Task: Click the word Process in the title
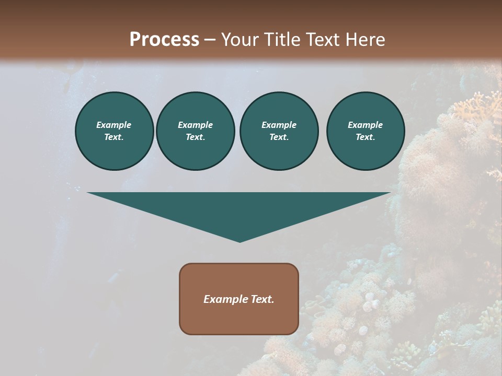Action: coord(164,40)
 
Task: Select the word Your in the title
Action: coord(241,40)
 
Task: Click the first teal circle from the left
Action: coord(114,131)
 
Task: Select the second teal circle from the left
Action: coord(195,131)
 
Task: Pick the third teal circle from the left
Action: coord(279,131)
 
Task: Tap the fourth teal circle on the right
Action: coord(365,131)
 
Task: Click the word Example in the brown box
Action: coord(224,299)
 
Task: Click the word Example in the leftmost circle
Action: coord(114,125)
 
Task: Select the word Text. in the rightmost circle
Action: coord(365,137)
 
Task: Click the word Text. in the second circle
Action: coord(195,137)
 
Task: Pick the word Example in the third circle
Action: coord(279,125)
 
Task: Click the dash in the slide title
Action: coord(210,40)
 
